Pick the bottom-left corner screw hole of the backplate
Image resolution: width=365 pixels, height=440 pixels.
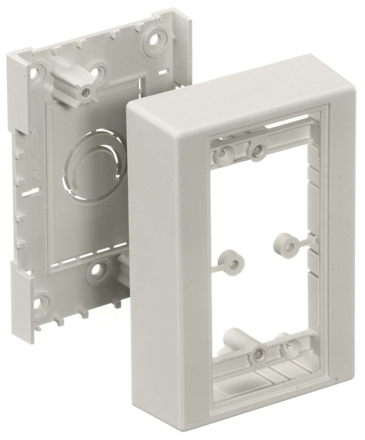tap(41, 303)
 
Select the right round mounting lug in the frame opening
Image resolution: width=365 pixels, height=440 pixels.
tap(282, 241)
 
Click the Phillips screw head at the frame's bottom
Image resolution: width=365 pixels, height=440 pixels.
tap(287, 346)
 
